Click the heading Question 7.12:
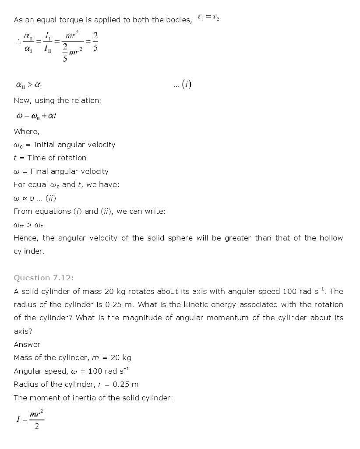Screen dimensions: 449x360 click(44, 278)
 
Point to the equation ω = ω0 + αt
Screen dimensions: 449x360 click(36, 116)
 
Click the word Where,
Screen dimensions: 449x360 click(26, 131)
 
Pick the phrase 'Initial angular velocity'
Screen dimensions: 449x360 click(74, 145)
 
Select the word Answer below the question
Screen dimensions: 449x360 click(27, 344)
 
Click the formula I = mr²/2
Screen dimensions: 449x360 click(30, 419)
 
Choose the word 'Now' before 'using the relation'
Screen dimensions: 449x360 click(22, 100)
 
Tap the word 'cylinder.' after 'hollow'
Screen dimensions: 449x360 click(29, 251)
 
